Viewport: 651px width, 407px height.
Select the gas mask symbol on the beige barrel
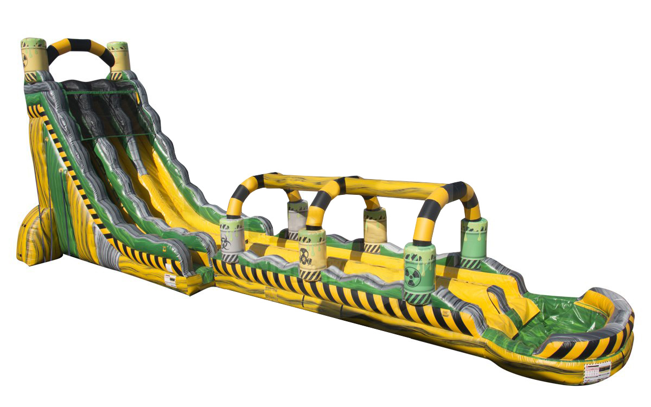point(306,256)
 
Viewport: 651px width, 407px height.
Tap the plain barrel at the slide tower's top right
point(118,56)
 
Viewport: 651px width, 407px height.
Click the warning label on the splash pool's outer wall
point(597,372)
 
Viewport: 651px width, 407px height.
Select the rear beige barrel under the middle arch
point(374,228)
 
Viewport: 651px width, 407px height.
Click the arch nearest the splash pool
point(445,206)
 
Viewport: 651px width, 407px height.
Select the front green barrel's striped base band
point(418,295)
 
